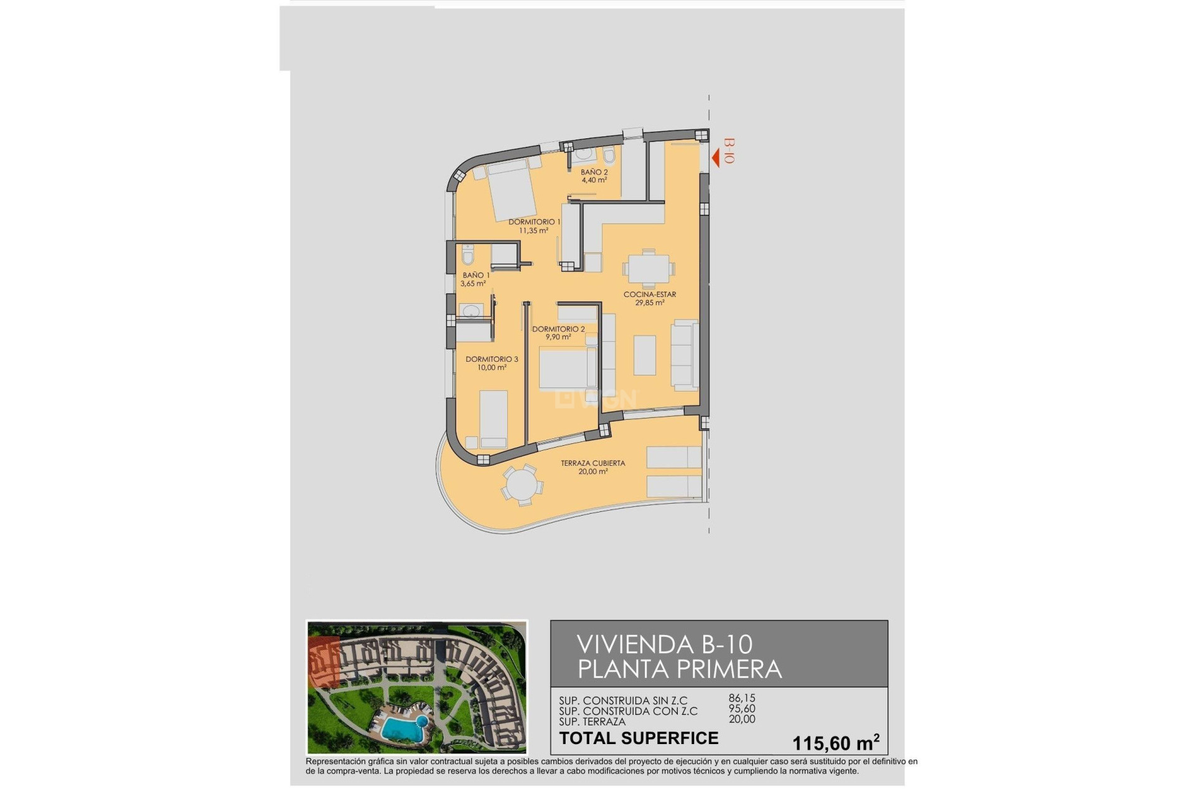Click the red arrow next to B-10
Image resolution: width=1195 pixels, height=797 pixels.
[716, 158]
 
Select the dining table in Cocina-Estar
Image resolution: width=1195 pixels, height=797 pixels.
[649, 270]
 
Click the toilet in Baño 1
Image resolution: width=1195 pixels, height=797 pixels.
[469, 254]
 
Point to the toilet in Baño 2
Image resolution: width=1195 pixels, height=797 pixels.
[609, 156]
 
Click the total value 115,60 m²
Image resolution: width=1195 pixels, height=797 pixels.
[835, 742]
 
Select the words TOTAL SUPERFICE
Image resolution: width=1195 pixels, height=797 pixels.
[639, 738]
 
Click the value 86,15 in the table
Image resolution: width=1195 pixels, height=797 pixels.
[742, 699]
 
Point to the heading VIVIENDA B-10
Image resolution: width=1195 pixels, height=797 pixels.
[665, 644]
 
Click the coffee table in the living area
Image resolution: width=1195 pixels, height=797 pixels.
[645, 355]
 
